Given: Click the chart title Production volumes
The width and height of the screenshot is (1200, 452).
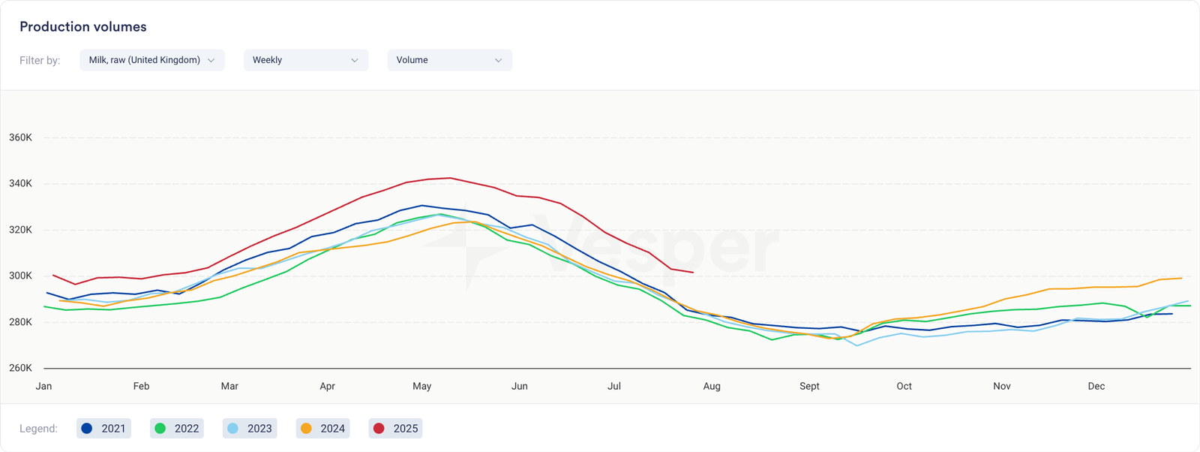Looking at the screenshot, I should tap(82, 27).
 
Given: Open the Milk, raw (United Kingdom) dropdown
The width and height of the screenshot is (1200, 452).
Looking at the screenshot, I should tap(151, 60).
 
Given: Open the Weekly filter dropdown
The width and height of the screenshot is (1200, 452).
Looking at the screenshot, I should tap(305, 60).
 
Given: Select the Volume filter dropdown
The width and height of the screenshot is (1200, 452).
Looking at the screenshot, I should tap(449, 60).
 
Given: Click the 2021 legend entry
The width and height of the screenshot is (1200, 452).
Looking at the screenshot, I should tap(103, 429).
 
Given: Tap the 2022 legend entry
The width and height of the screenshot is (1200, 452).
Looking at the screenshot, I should tap(177, 429).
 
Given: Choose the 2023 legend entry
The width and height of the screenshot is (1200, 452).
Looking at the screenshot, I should tap(250, 429).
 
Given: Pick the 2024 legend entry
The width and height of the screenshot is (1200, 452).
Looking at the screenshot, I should tap(323, 429).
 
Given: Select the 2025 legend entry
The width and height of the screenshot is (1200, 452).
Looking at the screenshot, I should tap(396, 429).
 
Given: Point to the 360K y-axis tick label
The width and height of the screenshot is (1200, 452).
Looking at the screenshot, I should tap(20, 137).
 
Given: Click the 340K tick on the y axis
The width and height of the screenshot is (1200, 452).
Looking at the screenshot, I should tap(20, 184).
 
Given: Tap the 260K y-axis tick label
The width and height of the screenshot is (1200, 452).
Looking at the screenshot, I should tap(20, 368).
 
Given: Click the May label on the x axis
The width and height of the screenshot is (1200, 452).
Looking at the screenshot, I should tap(421, 386).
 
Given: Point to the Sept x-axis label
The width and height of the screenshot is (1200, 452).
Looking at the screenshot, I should tap(809, 386).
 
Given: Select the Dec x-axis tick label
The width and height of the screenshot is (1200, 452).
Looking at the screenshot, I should tap(1096, 386).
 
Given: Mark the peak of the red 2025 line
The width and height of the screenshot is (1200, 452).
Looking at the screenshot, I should tap(449, 178).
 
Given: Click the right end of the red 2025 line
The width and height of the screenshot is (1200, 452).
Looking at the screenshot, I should tap(693, 273).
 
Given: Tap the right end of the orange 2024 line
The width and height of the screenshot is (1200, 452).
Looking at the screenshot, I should tap(1182, 278).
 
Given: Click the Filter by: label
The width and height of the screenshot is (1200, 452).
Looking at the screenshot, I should tap(40, 60).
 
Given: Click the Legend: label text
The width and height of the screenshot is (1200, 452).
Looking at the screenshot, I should tap(38, 429).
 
